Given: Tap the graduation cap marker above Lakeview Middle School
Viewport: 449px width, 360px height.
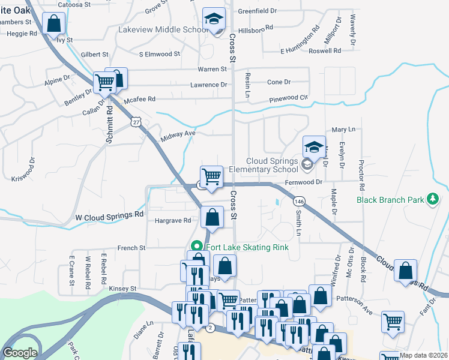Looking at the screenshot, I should [213, 19].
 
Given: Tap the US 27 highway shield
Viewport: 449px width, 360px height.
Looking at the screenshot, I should [136, 122].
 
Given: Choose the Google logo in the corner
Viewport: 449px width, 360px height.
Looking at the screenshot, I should [20, 353].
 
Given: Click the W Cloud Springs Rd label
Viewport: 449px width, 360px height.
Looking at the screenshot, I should [109, 214].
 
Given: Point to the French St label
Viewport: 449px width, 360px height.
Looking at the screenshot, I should [131, 247].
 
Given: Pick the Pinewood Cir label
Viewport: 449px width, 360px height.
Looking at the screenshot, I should [288, 97].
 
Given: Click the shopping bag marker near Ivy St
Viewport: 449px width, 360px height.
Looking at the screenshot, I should [54, 25].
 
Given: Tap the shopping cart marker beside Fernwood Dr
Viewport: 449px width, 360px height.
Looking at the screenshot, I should [211, 177].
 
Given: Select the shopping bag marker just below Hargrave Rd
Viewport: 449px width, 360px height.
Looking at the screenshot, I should [212, 218].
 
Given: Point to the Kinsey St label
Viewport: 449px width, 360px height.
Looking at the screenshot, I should [123, 289].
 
